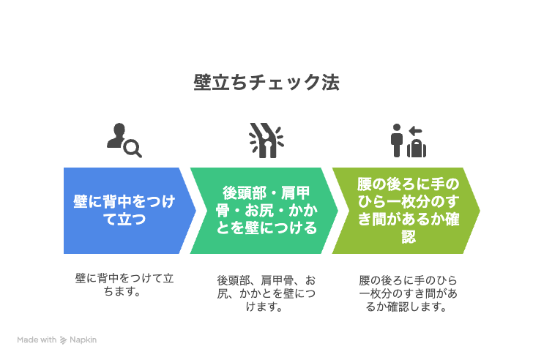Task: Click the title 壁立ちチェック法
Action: [266, 83]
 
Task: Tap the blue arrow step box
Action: [130, 211]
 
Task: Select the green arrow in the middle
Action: [264, 211]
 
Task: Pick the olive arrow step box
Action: [406, 211]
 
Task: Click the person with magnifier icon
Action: [124, 140]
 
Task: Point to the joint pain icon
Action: [266, 140]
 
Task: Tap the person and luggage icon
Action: [409, 140]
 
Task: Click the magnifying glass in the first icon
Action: [133, 149]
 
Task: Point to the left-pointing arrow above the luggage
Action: [415, 131]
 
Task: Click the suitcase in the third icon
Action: [417, 148]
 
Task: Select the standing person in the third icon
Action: [397, 140]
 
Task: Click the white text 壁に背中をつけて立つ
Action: [124, 210]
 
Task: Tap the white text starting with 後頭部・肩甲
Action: [266, 211]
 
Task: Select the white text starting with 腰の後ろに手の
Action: [409, 211]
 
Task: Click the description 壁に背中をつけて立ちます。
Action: [124, 285]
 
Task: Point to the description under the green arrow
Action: [266, 293]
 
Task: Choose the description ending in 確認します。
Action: [409, 293]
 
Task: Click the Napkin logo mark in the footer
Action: [63, 340]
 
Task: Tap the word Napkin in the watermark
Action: [83, 340]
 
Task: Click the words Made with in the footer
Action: [37, 340]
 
